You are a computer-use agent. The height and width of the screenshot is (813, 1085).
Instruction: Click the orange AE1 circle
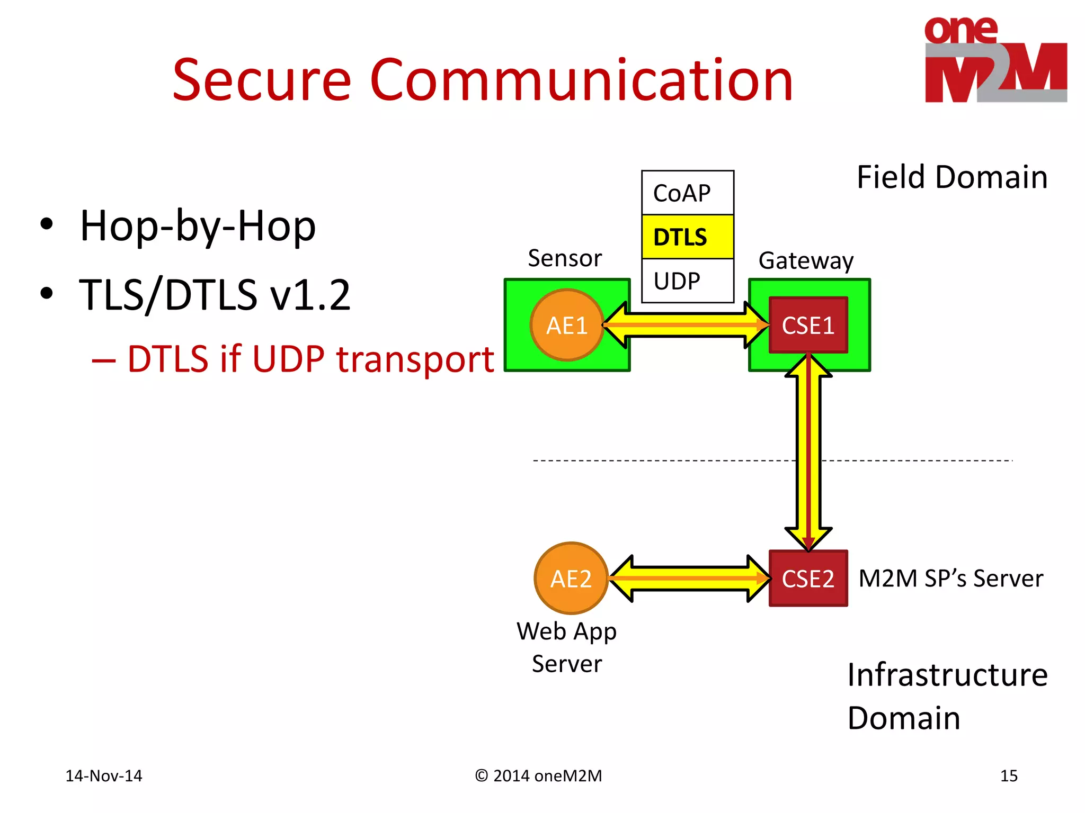[x=567, y=325]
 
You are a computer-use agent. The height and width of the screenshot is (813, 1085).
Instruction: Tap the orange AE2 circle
[x=571, y=578]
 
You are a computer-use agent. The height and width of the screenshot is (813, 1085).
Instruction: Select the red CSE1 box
[x=808, y=325]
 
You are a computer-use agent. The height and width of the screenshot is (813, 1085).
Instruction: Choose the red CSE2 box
[x=808, y=578]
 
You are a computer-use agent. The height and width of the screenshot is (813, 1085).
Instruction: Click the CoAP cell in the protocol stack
[x=687, y=193]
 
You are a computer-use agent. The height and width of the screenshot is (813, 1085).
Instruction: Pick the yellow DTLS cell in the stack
[x=687, y=237]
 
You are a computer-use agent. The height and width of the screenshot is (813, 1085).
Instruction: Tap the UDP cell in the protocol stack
[x=687, y=281]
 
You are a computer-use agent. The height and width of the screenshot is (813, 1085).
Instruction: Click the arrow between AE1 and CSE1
[x=686, y=325]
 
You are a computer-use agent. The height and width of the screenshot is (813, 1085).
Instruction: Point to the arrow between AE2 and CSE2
[x=689, y=578]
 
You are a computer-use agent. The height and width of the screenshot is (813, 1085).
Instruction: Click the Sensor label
[x=565, y=258]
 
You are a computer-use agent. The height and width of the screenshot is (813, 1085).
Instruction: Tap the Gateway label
[x=806, y=260]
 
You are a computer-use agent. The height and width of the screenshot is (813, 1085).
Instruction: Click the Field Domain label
[x=952, y=177]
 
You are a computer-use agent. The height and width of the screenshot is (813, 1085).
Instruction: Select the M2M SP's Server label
[x=950, y=578]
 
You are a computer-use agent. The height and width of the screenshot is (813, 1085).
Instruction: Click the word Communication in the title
[x=581, y=80]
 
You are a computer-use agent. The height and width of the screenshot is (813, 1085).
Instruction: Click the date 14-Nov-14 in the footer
[x=104, y=775]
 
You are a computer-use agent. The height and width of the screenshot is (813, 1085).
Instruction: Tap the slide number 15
[x=1008, y=775]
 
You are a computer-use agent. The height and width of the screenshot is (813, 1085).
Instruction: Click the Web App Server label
[x=567, y=647]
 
